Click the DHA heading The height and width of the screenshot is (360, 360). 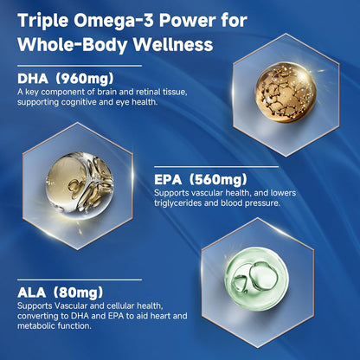tap(33, 78)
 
